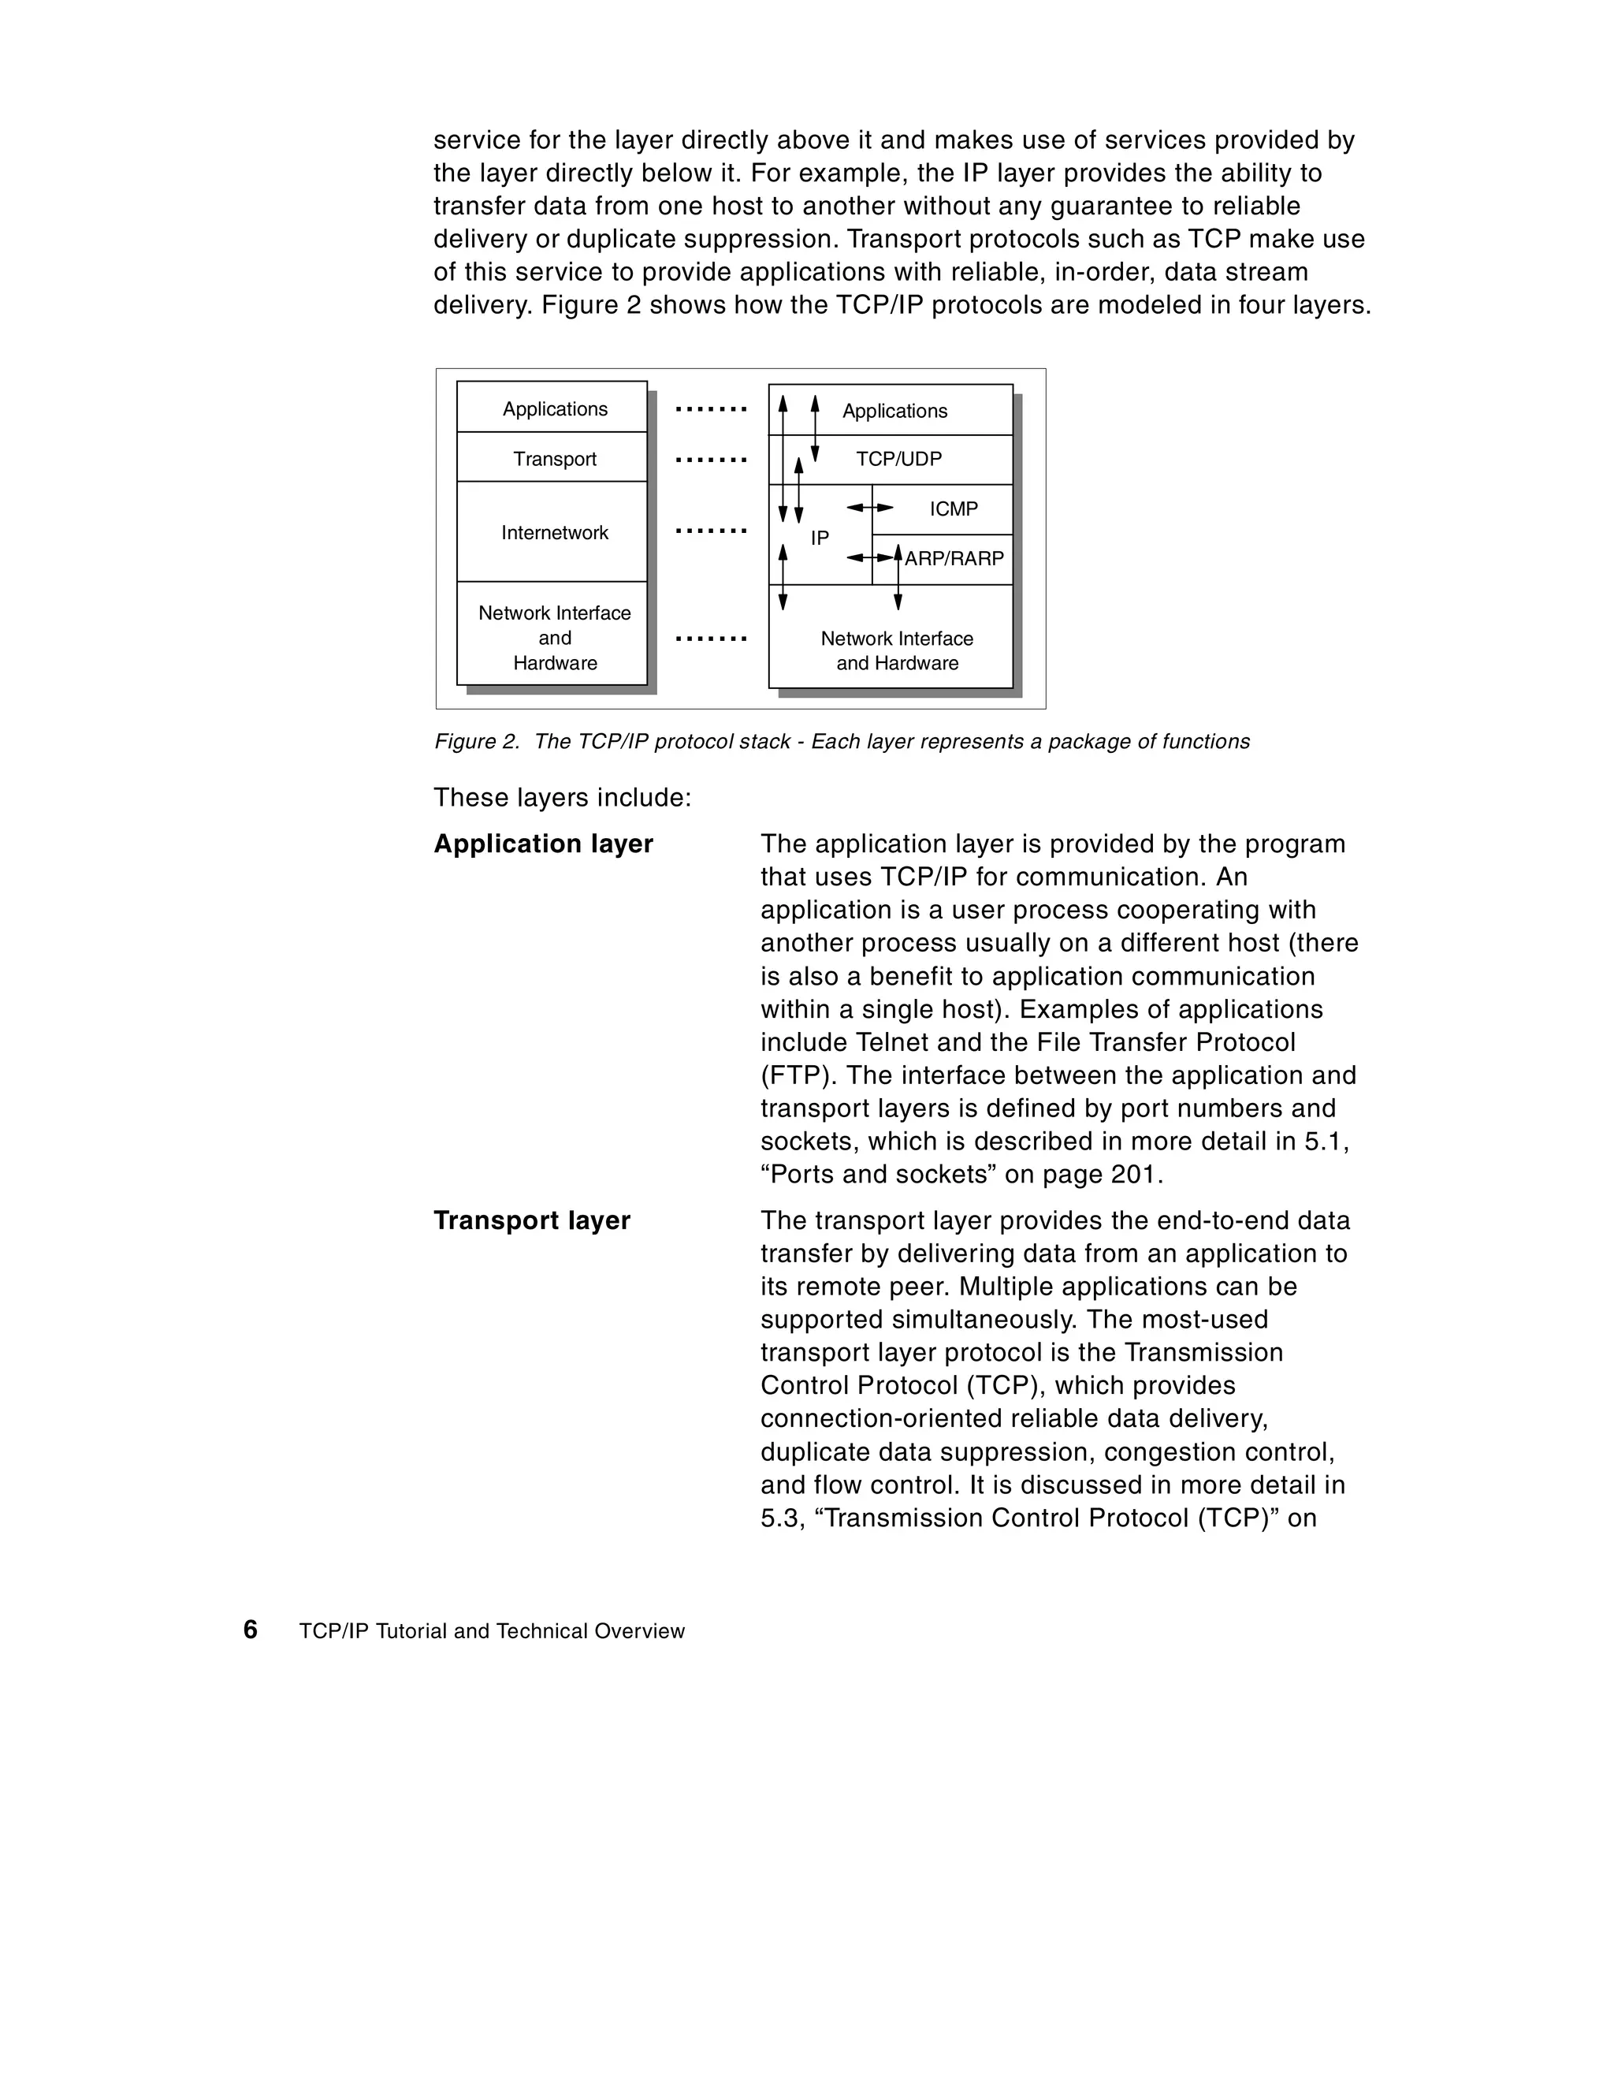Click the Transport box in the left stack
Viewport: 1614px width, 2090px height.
(554, 458)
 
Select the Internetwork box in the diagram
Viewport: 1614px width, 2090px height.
(554, 532)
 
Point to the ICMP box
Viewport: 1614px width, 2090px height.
(953, 509)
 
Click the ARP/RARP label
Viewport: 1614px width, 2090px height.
(954, 559)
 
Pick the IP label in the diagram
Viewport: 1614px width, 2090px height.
(820, 538)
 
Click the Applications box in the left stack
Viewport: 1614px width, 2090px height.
(554, 408)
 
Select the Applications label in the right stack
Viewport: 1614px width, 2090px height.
(894, 412)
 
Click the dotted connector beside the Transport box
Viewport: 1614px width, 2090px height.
(710, 460)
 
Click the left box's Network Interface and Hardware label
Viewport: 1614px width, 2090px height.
(554, 637)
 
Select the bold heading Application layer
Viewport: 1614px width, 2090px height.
(542, 844)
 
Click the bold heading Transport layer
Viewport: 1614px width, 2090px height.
(532, 1220)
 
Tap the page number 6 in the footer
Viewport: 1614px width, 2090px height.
(251, 1630)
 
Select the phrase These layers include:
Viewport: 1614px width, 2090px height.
(562, 797)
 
